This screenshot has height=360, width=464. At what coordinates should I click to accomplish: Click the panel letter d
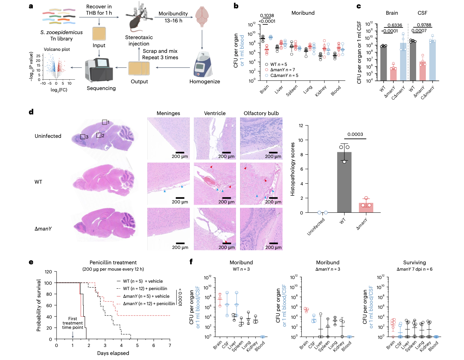(31, 112)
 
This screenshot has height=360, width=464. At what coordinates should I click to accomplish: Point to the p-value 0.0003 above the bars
(355, 134)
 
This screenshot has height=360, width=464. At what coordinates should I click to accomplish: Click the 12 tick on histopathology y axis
(301, 126)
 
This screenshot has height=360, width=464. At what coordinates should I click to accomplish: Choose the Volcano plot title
(57, 49)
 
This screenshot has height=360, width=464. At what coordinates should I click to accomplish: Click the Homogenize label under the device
(205, 82)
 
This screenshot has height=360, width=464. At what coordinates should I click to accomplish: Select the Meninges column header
(168, 113)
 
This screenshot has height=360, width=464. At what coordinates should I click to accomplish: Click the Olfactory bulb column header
(261, 113)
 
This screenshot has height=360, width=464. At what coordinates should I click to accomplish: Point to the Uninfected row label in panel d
(48, 136)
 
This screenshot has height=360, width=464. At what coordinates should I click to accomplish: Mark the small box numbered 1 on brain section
(104, 122)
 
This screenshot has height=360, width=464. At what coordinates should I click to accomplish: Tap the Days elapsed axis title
(113, 353)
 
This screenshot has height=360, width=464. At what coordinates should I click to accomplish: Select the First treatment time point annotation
(73, 323)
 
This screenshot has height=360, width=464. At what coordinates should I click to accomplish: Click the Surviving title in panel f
(414, 263)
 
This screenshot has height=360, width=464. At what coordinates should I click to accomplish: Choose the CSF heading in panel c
(422, 13)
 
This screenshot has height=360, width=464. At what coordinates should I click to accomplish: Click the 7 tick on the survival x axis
(170, 345)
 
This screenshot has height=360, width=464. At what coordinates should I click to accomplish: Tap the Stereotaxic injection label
(139, 40)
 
